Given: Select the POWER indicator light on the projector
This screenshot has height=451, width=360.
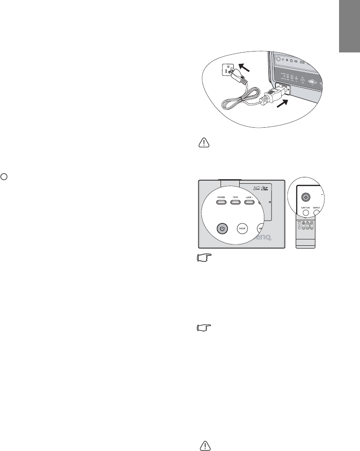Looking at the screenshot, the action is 221,201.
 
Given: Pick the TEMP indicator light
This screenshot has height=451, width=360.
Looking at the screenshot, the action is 235,201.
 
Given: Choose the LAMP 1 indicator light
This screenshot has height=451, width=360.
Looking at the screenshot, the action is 249,201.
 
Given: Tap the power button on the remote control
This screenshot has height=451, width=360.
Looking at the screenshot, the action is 306,197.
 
